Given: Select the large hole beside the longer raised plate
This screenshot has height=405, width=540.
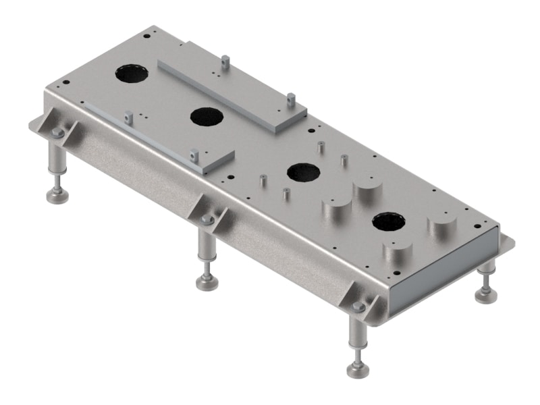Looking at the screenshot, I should coord(207,117).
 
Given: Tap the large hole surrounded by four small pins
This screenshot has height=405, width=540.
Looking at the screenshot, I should coord(303,171).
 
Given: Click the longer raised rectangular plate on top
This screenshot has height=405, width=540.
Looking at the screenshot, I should coord(230,86).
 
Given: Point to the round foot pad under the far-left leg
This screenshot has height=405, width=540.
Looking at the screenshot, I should coord(57,196).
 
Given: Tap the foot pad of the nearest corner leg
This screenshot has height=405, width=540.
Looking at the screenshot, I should coord(358,369).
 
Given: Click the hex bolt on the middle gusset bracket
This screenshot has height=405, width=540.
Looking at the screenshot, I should coord(207,220).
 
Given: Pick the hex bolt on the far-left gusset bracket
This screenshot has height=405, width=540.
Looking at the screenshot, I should coord(57,133).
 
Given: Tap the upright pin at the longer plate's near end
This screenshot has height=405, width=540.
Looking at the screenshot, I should coord(290,99).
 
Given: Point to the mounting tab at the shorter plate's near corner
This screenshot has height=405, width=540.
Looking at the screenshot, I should coord(194,155).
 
